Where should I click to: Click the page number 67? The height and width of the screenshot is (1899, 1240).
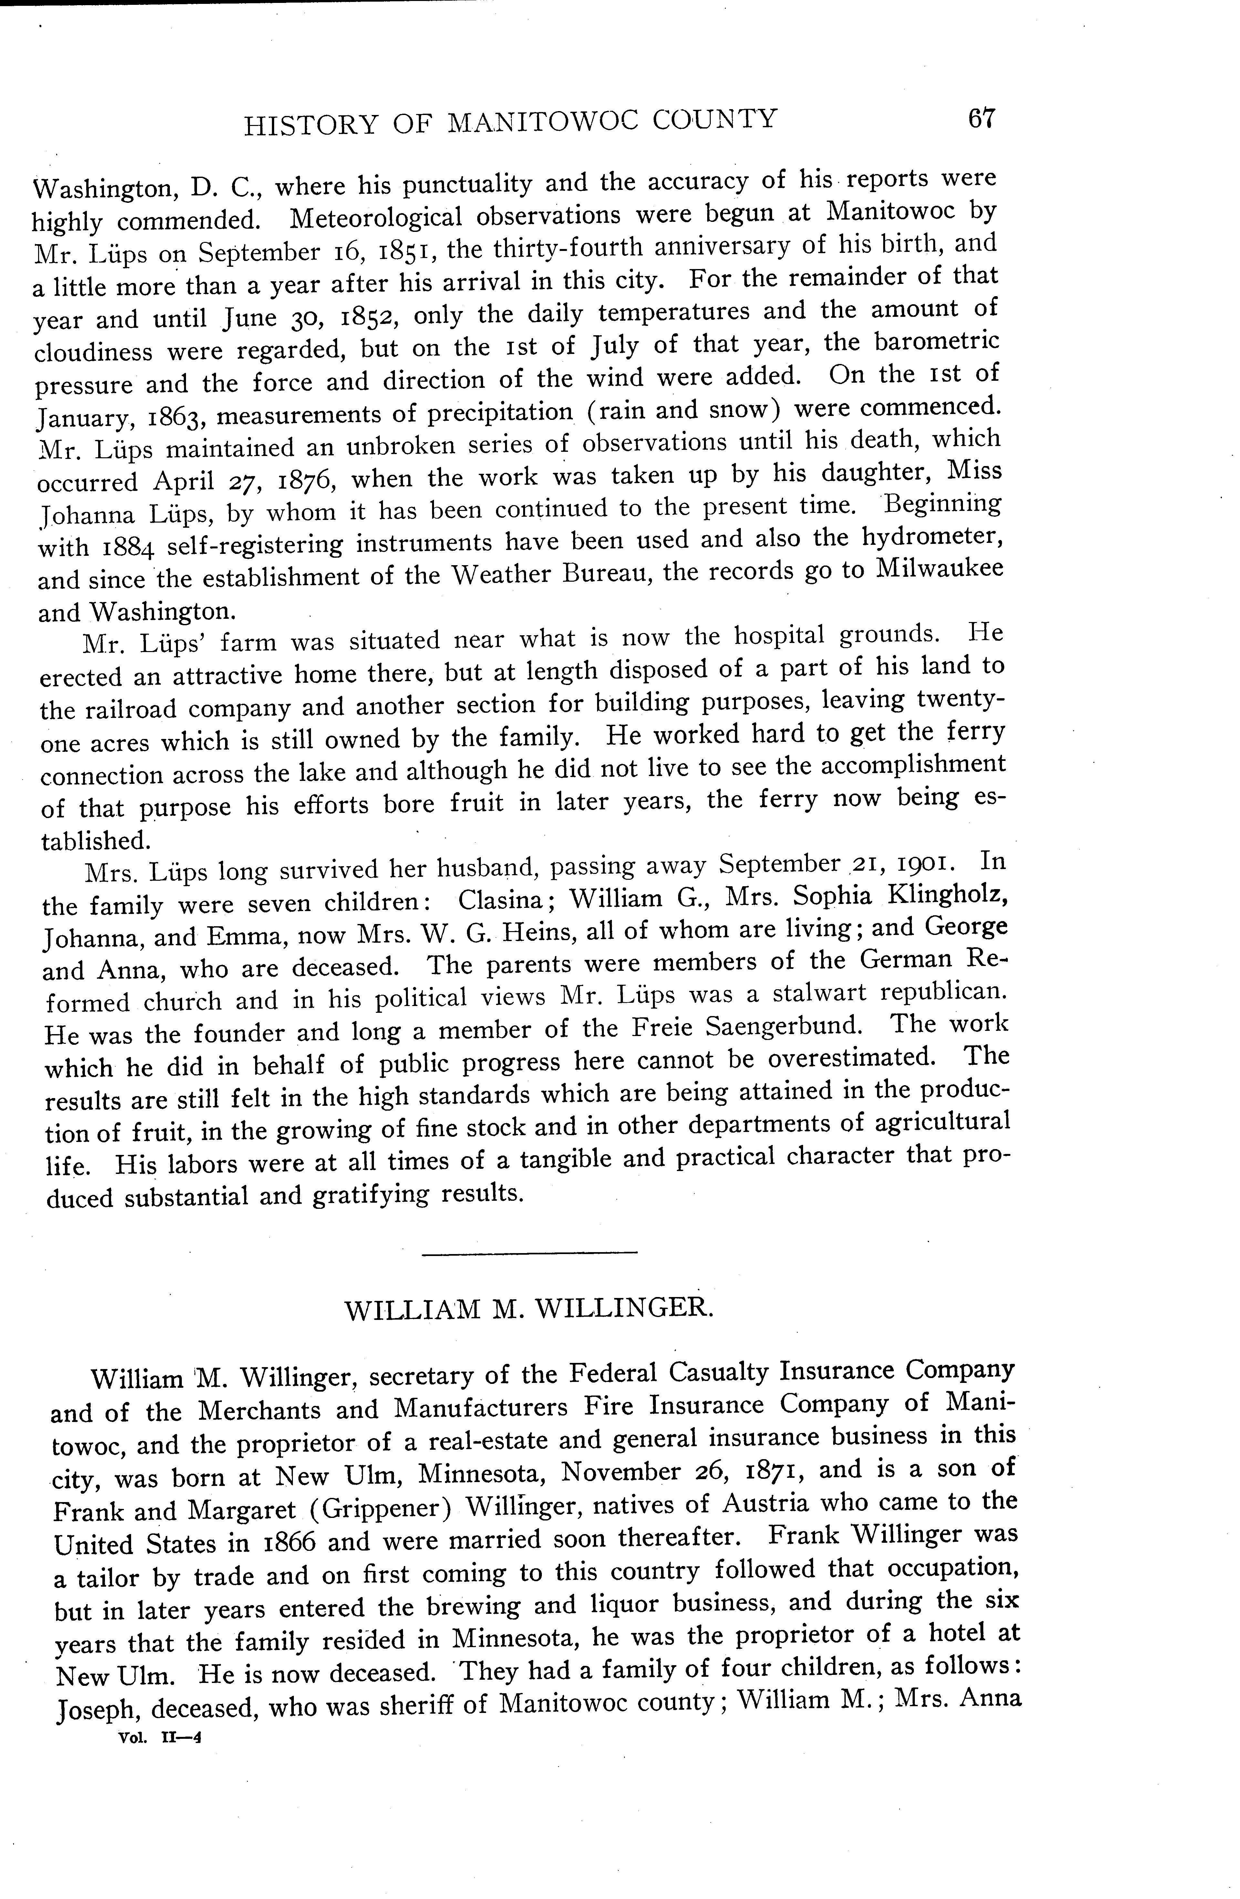coord(981,119)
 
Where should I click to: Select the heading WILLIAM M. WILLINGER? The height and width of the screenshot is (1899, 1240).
coord(529,1310)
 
